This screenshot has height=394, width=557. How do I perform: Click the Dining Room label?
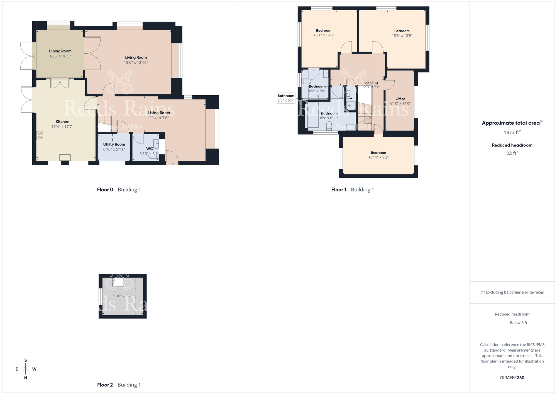pos(60,51)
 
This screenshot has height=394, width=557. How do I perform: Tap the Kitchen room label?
pos(62,121)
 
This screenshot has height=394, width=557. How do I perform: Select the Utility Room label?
pos(114,144)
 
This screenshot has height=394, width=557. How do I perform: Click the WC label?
pos(149,149)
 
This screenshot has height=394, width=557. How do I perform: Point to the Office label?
pos(400,99)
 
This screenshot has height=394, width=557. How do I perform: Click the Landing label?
pos(371,82)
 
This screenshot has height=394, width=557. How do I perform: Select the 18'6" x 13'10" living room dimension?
pos(136,62)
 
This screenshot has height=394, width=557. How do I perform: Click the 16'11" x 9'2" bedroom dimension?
pos(378,157)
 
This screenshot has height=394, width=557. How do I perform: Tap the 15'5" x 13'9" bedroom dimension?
pos(402,35)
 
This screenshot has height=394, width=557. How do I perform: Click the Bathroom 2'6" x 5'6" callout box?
pos(286,98)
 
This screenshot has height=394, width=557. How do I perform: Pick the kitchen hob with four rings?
pos(40,136)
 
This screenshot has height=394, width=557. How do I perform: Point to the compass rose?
pos(26,369)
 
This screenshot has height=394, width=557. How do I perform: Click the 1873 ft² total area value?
pos(512,132)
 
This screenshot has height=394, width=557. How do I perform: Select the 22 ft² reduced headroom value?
pos(512,153)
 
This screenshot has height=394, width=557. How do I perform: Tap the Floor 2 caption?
pos(105,385)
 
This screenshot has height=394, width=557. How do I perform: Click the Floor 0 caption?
pos(105,189)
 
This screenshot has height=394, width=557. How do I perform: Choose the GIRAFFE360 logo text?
pos(512,378)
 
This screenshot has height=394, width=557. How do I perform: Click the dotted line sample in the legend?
pos(502,323)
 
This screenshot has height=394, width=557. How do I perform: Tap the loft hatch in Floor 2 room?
pos(118,283)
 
